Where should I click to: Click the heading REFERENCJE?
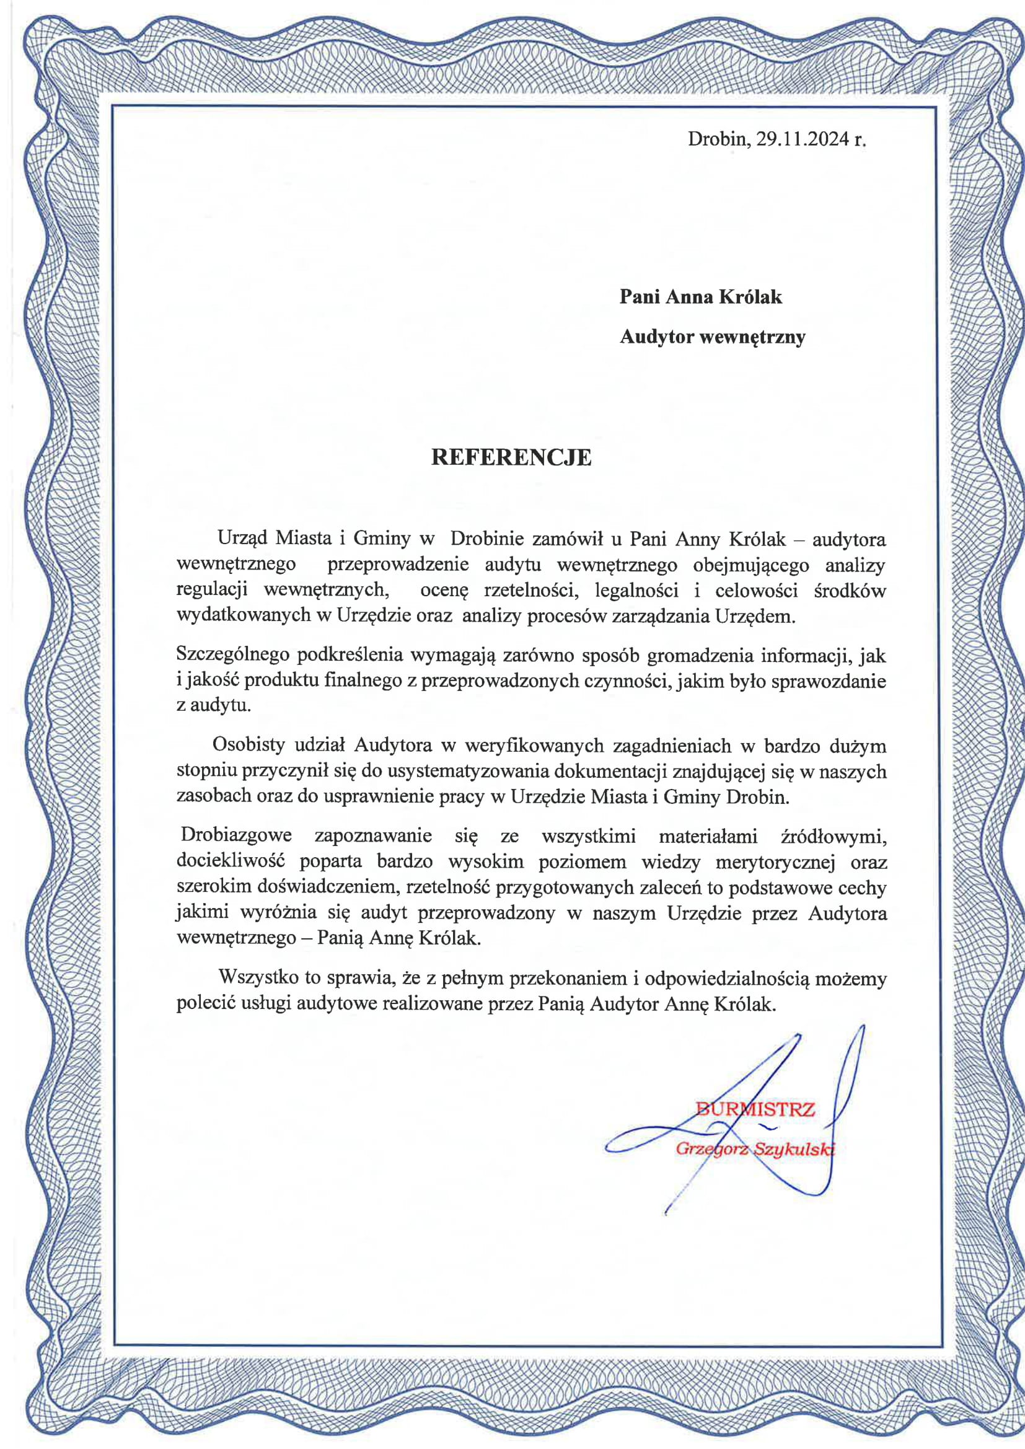coord(511,457)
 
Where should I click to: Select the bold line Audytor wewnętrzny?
coord(712,337)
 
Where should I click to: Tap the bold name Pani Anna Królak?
coord(701,297)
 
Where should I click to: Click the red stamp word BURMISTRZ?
coord(755,1109)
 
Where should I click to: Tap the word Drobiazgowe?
coord(236,835)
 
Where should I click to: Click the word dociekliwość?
coord(231,861)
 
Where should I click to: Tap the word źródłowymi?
coord(834,835)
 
